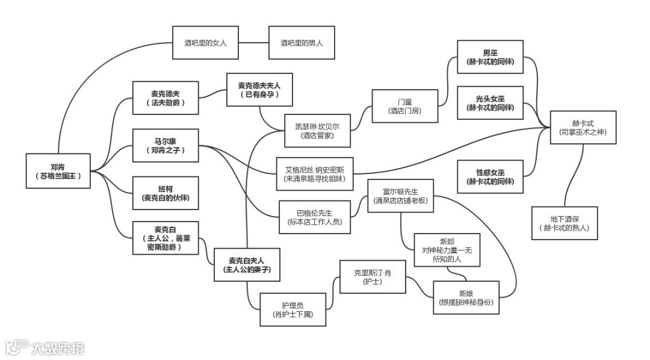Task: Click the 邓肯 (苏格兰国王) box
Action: tap(58, 171)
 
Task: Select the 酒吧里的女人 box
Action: tap(205, 43)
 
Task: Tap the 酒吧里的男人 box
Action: tap(301, 43)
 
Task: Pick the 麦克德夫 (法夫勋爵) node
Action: tap(166, 98)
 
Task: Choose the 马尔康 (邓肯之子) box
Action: tap(166, 145)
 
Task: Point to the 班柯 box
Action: tap(166, 193)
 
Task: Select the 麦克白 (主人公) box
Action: tap(166, 238)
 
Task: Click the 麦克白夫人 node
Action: tap(246, 265)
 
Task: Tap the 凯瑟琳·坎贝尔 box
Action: tap(317, 131)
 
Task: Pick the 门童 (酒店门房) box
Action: tap(404, 107)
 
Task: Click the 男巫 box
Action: tap(490, 57)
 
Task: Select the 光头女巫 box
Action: tap(490, 103)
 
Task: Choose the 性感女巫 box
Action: tap(490, 176)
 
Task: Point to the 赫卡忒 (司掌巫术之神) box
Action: tap(583, 127)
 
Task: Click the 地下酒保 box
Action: tap(564, 223)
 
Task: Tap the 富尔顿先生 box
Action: tap(400, 196)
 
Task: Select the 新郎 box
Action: tap(447, 250)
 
